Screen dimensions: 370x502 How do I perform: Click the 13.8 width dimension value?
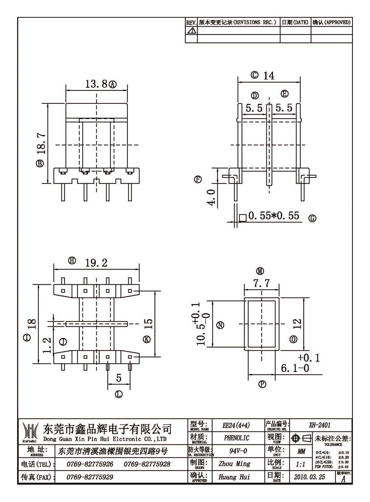(x=96, y=84)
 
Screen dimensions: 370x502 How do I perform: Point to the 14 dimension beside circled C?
(x=268, y=76)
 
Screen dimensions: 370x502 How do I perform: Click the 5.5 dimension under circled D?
(x=254, y=108)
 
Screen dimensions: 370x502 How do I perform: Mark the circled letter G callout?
(x=312, y=218)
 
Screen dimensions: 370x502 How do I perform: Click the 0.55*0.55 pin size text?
(x=274, y=216)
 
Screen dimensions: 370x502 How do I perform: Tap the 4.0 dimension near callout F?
(x=211, y=196)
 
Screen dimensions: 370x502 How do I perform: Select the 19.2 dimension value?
(x=96, y=263)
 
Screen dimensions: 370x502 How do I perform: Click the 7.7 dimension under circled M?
(x=261, y=283)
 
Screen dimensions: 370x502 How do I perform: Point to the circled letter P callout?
(x=262, y=384)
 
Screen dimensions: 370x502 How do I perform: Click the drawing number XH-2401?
(x=320, y=425)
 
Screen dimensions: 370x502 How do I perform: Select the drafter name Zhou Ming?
(x=234, y=464)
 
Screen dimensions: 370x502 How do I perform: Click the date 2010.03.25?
(x=309, y=477)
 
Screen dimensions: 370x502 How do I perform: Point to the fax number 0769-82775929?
(x=90, y=477)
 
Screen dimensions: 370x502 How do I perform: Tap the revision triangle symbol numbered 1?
(x=191, y=30)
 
